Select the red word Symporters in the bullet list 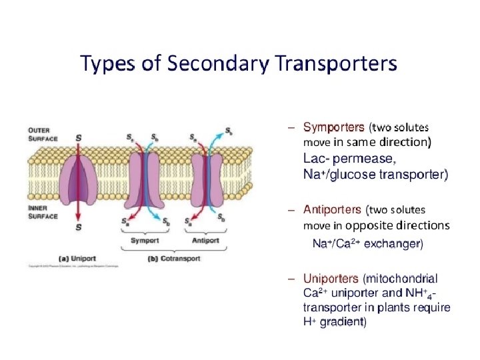[333, 126]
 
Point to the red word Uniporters [331, 279]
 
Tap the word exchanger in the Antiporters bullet [394, 244]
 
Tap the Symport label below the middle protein [144, 239]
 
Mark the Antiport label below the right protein [205, 239]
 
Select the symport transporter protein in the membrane [144, 178]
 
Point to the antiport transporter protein [205, 178]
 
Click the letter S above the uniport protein [79, 138]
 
